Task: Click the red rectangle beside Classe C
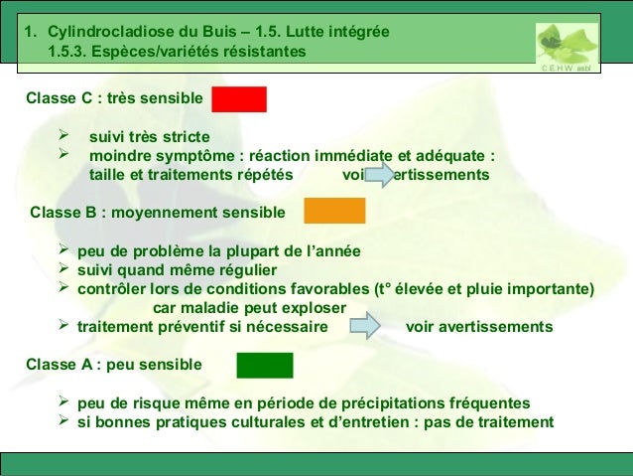[x=238, y=99]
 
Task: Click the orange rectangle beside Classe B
[x=334, y=211]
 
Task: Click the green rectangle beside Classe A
[x=264, y=365]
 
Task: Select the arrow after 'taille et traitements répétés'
[x=383, y=175]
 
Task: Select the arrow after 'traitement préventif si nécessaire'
[x=366, y=326]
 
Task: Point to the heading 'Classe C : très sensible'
[x=115, y=99]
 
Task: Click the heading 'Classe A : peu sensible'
[x=113, y=365]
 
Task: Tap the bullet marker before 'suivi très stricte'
[x=66, y=135]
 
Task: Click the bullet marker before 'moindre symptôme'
[x=66, y=155]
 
